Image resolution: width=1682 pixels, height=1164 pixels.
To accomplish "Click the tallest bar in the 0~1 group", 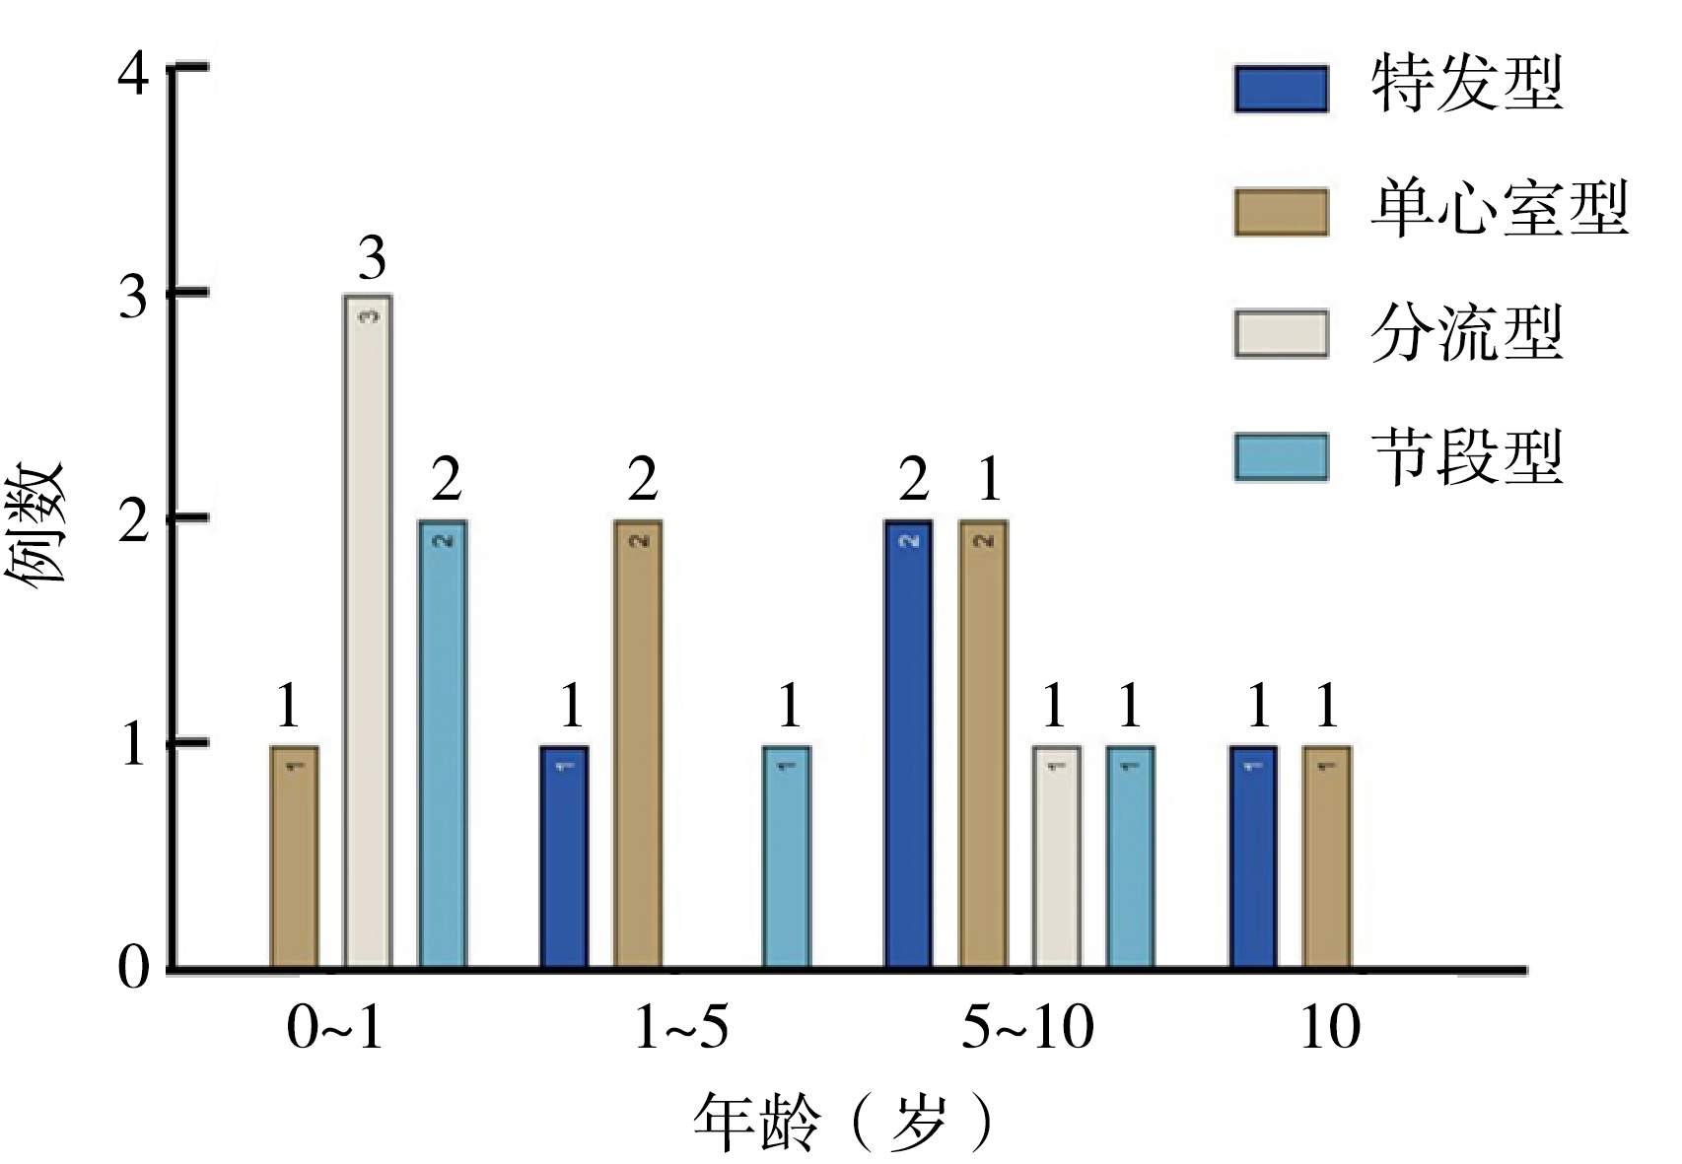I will (x=368, y=631).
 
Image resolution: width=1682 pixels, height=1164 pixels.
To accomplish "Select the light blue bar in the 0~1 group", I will (x=443, y=743).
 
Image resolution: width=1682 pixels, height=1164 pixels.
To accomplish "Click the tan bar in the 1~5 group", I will (x=638, y=743).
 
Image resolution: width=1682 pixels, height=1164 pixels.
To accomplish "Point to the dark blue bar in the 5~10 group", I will (x=908, y=743).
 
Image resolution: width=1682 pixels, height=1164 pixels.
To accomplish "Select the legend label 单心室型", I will (x=1499, y=210).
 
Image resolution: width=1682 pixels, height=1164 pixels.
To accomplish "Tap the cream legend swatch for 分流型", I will (x=1281, y=334).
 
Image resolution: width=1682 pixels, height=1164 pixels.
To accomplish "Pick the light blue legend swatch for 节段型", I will (x=1281, y=457).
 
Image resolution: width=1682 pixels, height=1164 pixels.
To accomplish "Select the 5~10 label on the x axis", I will (x=1027, y=1029).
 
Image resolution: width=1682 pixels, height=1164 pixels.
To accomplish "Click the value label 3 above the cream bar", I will (x=371, y=258).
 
